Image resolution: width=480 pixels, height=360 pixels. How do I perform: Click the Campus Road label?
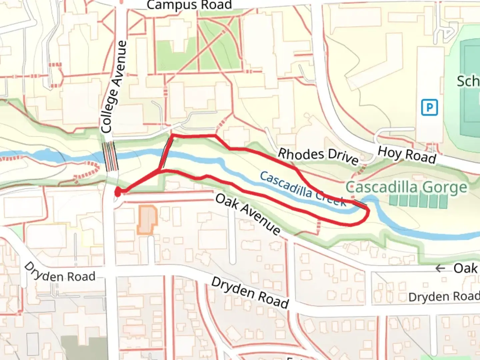189,5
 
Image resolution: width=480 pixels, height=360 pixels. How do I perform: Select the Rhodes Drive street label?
318,156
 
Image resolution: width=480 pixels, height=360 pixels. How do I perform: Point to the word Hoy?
388,152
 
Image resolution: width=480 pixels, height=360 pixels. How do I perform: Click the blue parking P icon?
429,108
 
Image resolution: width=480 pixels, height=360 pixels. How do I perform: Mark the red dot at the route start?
118,192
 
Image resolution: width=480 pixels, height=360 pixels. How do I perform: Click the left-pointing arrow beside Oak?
440,268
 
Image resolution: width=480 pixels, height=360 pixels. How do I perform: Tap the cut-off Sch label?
468,81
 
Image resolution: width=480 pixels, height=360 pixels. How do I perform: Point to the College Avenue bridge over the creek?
110,156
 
